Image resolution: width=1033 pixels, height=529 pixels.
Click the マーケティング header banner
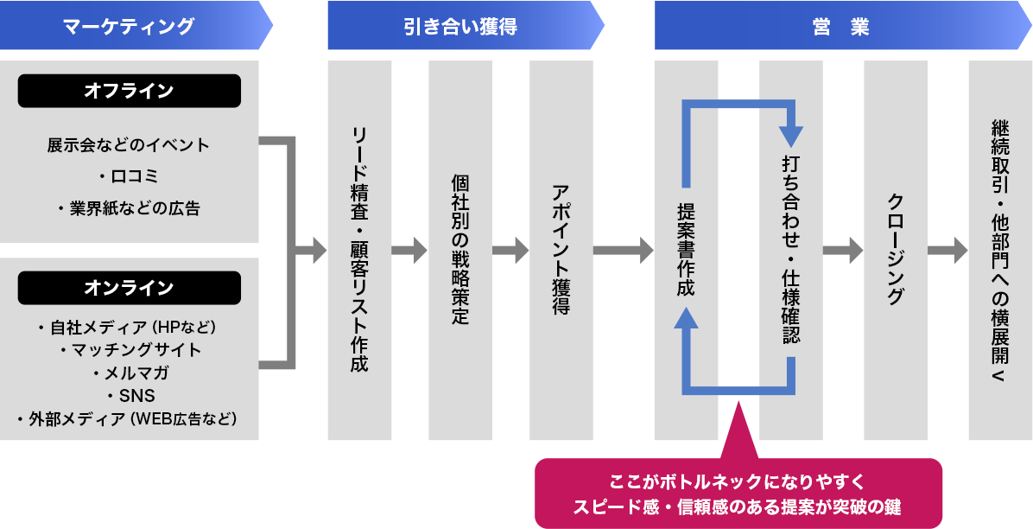pyautogui.click(x=130, y=26)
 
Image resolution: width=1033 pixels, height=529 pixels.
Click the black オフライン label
pyautogui.click(x=129, y=91)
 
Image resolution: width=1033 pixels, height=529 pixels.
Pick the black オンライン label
pyautogui.click(x=129, y=288)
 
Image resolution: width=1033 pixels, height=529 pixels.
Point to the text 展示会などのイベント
pyautogui.click(x=129, y=144)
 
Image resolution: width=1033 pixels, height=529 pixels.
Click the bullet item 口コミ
pyautogui.click(x=129, y=176)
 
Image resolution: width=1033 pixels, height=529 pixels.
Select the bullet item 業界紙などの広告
pyautogui.click(x=129, y=208)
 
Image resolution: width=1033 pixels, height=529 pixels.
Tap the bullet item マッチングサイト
pyautogui.click(x=130, y=350)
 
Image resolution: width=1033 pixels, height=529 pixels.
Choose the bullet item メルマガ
pyautogui.click(x=130, y=373)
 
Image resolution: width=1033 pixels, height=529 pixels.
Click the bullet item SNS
pyautogui.click(x=130, y=396)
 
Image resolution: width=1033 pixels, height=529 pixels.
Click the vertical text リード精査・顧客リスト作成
pyautogui.click(x=359, y=250)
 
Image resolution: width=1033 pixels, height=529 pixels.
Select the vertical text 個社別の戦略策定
pyautogui.click(x=460, y=250)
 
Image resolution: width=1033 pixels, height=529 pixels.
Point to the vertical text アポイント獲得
pyautogui.click(x=561, y=250)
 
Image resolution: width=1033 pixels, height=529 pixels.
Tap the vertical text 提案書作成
pyautogui.click(x=687, y=250)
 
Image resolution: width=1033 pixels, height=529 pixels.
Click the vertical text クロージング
pyautogui.click(x=896, y=250)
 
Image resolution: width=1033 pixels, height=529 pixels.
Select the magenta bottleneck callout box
pyautogui.click(x=738, y=493)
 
